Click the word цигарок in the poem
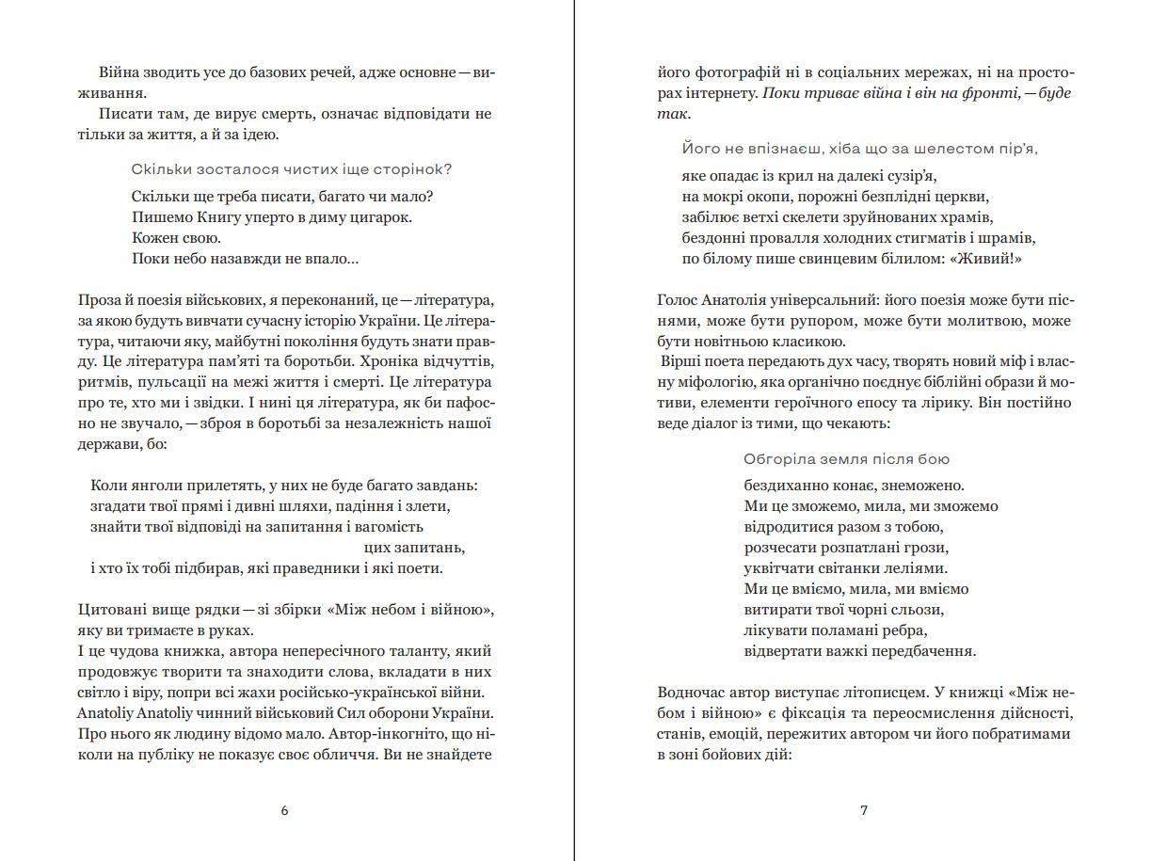[386, 216]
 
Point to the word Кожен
[152, 238]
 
